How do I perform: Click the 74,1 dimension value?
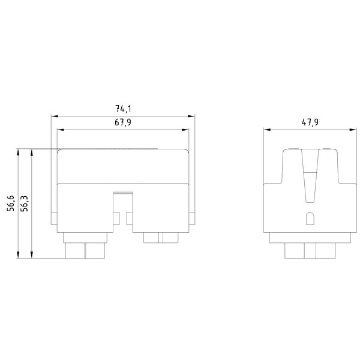(123, 109)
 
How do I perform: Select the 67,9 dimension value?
(123, 122)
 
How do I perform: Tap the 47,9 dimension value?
(310, 122)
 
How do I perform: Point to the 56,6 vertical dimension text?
(11, 203)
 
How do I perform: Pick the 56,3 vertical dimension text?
(24, 203)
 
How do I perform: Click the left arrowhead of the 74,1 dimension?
(55, 116)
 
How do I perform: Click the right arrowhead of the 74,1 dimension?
(191, 116)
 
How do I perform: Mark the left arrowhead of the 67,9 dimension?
(61, 130)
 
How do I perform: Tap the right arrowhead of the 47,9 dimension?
(353, 130)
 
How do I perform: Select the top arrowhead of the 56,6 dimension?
(18, 152)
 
